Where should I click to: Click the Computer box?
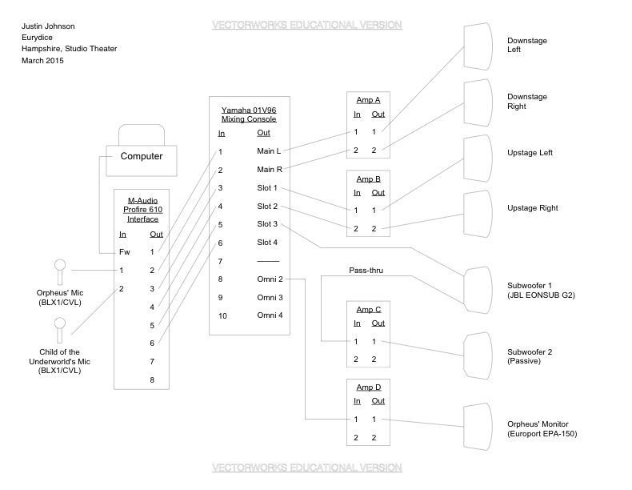tap(141, 156)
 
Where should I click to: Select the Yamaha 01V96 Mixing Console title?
tap(249, 114)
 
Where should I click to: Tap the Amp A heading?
tap(368, 100)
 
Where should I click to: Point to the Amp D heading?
tap(368, 387)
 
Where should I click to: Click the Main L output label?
tap(269, 151)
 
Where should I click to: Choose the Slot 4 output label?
tap(268, 243)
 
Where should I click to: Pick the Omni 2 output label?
tap(270, 279)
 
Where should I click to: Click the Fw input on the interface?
tap(124, 252)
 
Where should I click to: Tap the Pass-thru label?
tap(366, 271)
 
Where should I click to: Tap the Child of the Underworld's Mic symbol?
tap(60, 327)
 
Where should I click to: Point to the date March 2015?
tap(42, 60)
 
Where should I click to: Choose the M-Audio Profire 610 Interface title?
tap(142, 209)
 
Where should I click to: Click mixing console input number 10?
tap(222, 315)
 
